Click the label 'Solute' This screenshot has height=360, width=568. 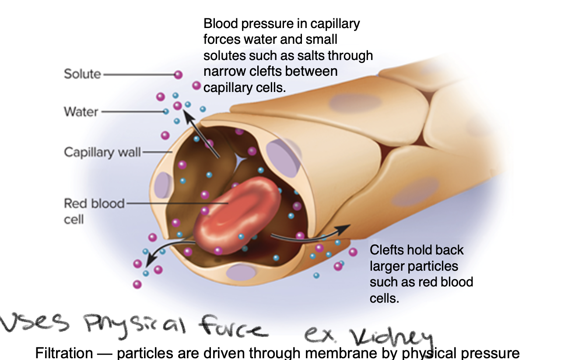82,74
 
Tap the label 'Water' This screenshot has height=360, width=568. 81,112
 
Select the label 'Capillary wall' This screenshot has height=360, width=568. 102,152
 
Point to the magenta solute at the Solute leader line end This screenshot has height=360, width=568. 178,74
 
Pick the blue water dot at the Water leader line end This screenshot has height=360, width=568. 166,112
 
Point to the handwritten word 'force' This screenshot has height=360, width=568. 232,328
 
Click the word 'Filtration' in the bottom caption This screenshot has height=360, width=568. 64,353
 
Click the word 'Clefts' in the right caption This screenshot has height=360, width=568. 387,250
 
